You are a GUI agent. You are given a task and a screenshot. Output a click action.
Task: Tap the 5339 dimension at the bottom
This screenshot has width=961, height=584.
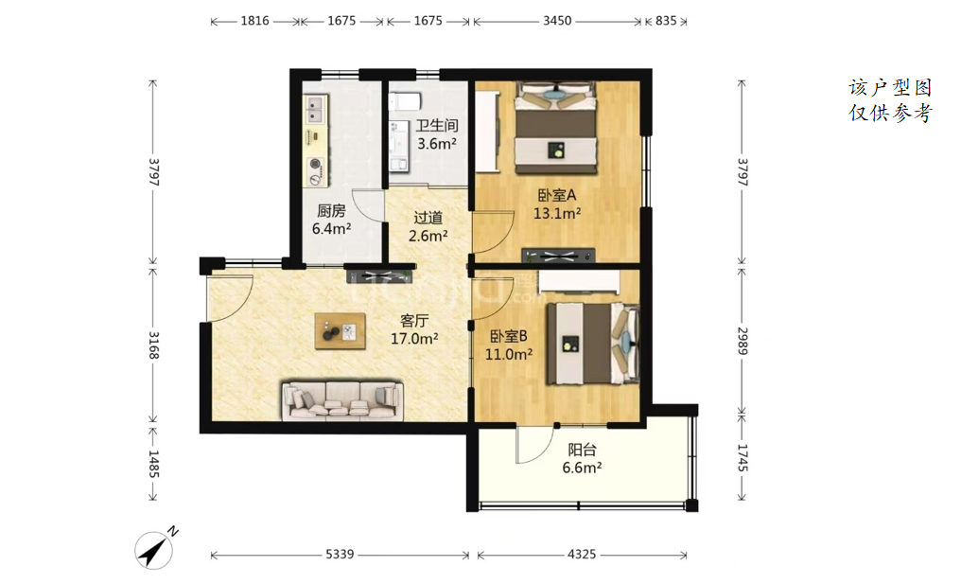[x=340, y=555]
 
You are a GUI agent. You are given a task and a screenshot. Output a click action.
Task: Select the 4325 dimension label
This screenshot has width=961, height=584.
[x=581, y=555]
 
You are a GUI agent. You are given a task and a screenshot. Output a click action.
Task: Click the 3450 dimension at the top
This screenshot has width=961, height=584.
[x=557, y=21]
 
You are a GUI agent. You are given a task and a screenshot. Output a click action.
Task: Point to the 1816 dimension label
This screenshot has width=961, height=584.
[x=254, y=21]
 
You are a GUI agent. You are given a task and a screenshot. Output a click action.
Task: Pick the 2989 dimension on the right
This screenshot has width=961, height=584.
[x=743, y=341]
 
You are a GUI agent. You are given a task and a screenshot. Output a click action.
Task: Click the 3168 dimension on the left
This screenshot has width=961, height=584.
[x=153, y=345]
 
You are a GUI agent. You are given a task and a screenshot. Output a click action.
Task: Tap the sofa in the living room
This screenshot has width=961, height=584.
[x=342, y=400]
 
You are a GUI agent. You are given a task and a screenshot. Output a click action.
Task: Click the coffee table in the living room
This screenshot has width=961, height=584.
[x=341, y=331]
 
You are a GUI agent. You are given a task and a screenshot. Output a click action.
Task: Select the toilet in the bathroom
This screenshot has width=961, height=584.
[x=405, y=100]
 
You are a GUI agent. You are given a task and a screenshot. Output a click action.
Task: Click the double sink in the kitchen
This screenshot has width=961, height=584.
[x=316, y=109]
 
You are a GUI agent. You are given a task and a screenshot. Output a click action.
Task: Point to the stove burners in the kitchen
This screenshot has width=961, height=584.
[x=316, y=171]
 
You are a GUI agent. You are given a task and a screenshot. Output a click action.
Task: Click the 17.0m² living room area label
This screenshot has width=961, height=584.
[x=414, y=339]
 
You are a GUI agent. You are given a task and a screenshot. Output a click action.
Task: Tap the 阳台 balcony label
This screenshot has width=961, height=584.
[x=582, y=450]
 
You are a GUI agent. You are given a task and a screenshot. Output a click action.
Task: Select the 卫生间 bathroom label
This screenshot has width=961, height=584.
[x=437, y=126]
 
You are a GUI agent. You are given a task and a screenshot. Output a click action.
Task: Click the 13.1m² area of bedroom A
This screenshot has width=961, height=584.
[x=557, y=214]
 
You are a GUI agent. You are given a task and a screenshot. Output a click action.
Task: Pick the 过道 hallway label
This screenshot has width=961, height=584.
[x=428, y=218]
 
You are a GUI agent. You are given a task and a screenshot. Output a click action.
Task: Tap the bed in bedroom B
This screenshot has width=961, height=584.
[x=593, y=344]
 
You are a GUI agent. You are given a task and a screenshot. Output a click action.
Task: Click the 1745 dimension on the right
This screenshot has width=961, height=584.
[x=743, y=457]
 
